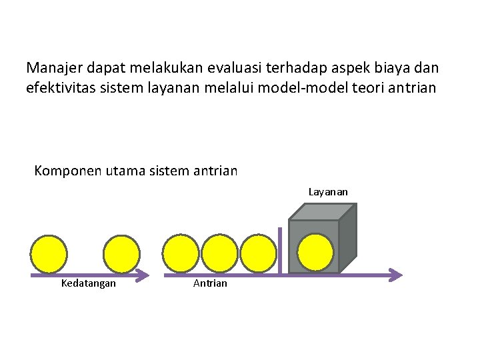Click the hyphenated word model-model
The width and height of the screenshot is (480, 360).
click(309, 88)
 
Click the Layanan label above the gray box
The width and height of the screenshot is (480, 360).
click(328, 192)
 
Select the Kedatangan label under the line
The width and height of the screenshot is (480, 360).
click(88, 283)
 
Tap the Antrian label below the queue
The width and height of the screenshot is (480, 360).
click(210, 283)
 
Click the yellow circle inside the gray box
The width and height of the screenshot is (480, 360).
click(315, 252)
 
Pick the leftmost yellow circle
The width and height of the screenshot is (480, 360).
click(49, 253)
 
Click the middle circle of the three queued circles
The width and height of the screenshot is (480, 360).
click(219, 253)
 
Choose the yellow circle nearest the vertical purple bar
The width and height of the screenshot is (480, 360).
click(258, 253)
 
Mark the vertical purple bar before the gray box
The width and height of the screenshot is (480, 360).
click(280, 250)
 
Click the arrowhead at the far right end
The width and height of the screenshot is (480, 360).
click(396, 275)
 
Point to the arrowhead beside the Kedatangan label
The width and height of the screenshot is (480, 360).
click(143, 275)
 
